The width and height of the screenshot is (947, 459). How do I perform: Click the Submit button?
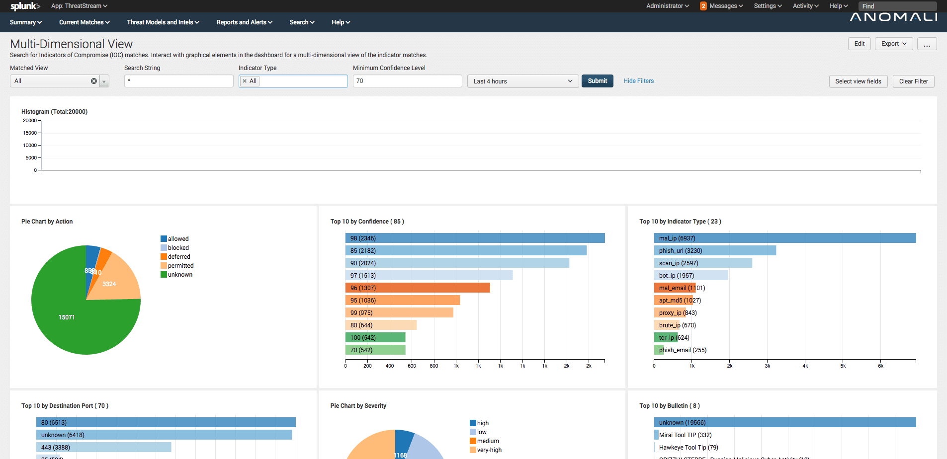pyautogui.click(x=597, y=81)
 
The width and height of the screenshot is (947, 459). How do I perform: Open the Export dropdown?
pyautogui.click(x=893, y=44)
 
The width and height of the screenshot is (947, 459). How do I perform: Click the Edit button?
pyautogui.click(x=859, y=44)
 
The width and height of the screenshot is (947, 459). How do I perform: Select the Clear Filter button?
pyautogui.click(x=913, y=81)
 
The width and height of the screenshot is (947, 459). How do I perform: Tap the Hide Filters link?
pyautogui.click(x=638, y=81)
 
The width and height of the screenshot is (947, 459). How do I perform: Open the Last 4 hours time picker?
pyautogui.click(x=522, y=81)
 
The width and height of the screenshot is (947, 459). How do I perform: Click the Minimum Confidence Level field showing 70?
pyautogui.click(x=407, y=81)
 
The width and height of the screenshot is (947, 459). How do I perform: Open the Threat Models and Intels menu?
pyautogui.click(x=163, y=22)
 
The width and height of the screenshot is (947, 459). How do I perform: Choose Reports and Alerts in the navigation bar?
pyautogui.click(x=244, y=22)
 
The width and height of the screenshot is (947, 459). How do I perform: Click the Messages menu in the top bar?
pyautogui.click(x=722, y=6)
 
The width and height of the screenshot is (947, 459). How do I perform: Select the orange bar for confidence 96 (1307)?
pyautogui.click(x=418, y=288)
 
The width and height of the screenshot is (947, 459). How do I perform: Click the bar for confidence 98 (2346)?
pyautogui.click(x=475, y=238)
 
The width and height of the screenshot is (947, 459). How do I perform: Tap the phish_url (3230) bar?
pyautogui.click(x=715, y=251)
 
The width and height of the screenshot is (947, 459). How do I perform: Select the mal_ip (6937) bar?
pyautogui.click(x=784, y=238)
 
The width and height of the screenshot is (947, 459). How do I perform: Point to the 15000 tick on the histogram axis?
pyautogui.click(x=30, y=133)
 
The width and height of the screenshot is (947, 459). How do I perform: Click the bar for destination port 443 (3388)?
pyautogui.click(x=103, y=448)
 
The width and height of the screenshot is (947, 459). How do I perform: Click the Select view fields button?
pyautogui.click(x=858, y=81)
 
